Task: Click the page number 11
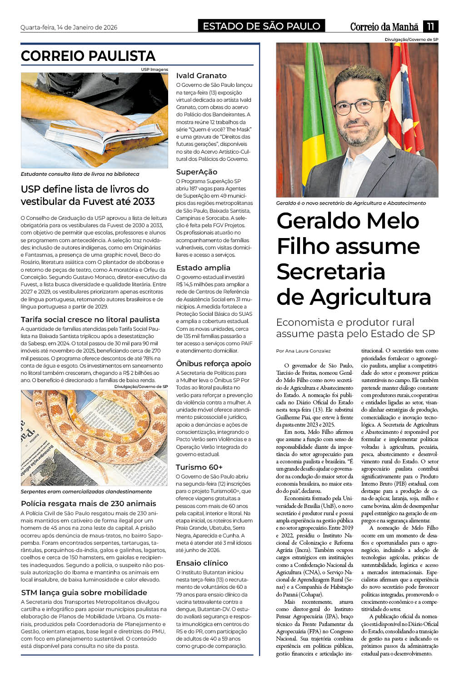[x=430, y=26]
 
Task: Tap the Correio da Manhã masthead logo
[x=384, y=27]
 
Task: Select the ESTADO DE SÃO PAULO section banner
[x=261, y=26]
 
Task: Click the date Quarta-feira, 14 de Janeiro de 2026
[x=69, y=27]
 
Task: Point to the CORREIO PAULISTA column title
[x=88, y=56]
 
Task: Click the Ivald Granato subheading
[x=201, y=75]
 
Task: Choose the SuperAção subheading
[x=197, y=172]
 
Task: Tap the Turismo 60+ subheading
[x=199, y=467]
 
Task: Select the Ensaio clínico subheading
[x=202, y=563]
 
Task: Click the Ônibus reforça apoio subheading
[x=214, y=363]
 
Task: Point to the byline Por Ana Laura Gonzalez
[x=303, y=351]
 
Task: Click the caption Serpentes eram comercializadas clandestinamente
[x=86, y=492]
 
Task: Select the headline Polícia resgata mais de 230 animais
[x=89, y=503]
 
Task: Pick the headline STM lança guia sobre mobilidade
[x=84, y=592]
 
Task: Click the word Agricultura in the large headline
[x=370, y=297]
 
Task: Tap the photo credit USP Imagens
[x=154, y=70]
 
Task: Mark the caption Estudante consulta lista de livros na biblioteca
[x=80, y=174]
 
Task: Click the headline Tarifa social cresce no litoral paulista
[x=90, y=319]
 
